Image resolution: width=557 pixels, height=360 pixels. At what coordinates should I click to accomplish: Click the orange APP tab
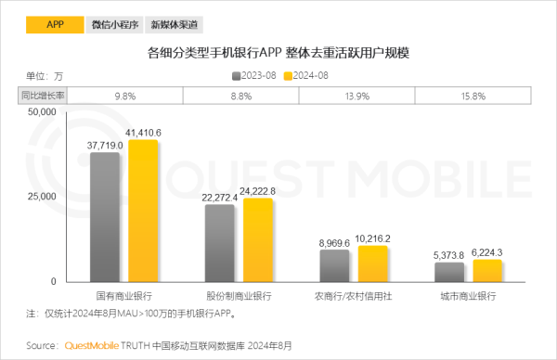[x=54, y=25]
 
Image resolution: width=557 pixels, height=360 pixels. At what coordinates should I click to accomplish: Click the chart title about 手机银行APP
[x=278, y=53]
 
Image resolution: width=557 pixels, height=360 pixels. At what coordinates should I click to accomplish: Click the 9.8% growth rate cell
[x=125, y=95]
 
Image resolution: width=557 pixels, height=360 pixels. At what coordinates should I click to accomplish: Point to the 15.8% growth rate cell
[x=472, y=95]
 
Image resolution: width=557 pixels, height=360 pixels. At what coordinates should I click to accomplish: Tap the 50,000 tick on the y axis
[x=41, y=112]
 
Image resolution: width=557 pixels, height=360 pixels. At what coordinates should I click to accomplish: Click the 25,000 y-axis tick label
[x=41, y=197]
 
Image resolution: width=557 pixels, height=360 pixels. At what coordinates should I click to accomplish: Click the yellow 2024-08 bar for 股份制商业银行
[x=258, y=239]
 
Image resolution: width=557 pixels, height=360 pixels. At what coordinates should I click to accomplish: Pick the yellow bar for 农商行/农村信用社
[x=373, y=264]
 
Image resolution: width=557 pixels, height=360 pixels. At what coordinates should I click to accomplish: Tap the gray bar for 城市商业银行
[x=449, y=271]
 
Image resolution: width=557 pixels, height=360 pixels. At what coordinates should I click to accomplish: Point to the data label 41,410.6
[x=143, y=133]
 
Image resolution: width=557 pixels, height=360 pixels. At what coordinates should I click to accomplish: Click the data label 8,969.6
[x=334, y=242]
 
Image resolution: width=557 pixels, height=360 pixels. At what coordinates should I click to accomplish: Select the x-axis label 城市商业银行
[x=468, y=295]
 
